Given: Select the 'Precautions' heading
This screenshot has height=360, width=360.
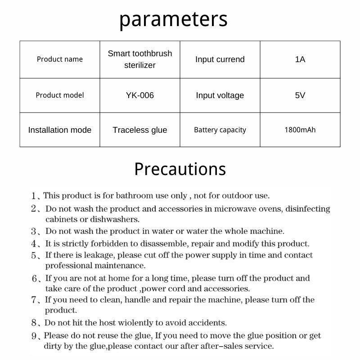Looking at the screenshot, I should click(x=180, y=169).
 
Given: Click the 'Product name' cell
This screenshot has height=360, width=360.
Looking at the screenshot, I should click(x=60, y=59).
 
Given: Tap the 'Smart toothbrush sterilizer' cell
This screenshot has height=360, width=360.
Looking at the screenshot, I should click(x=140, y=59).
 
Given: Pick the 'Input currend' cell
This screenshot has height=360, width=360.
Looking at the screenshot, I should click(x=220, y=59).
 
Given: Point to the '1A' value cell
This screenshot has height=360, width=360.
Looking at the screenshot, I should click(x=300, y=59).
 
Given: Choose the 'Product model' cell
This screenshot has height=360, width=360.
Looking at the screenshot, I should click(x=60, y=95).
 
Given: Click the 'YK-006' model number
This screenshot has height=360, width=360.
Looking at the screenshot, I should click(x=140, y=95).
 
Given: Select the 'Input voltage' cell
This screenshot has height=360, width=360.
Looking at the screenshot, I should click(x=220, y=95).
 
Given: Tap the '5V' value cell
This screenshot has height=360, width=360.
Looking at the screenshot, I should click(x=300, y=95).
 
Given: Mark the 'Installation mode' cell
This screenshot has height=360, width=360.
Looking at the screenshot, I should click(x=60, y=130).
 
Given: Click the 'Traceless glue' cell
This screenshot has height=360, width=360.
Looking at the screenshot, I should click(x=140, y=130).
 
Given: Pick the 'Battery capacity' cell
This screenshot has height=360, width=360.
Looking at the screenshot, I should click(x=220, y=130).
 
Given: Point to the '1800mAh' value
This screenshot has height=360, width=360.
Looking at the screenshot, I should click(x=300, y=130).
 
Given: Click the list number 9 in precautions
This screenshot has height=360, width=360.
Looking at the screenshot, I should click(x=34, y=336).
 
